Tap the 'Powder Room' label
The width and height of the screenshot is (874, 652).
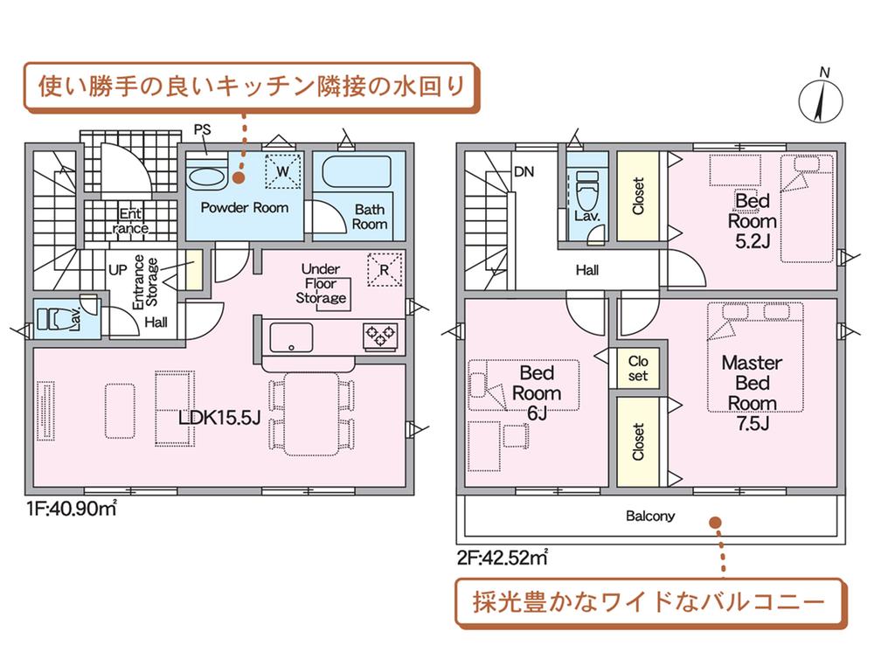tap(245, 208)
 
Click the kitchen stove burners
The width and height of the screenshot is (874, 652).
tap(381, 335)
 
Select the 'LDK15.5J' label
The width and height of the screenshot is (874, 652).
tap(219, 419)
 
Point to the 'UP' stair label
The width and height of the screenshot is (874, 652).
tap(117, 269)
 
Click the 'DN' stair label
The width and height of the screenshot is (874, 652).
tap(524, 172)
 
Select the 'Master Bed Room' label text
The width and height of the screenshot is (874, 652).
tap(752, 383)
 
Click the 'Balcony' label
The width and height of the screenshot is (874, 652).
tap(650, 516)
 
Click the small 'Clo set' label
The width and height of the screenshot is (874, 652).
tap(638, 368)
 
